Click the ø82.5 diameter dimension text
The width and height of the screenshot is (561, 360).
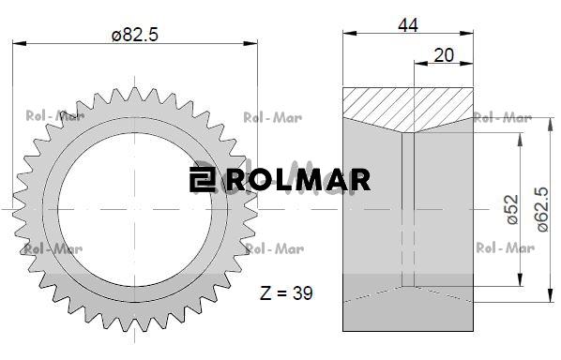pos(134,35)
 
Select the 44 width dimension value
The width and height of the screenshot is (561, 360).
pos(408,25)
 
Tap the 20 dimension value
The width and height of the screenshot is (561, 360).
pos(444,55)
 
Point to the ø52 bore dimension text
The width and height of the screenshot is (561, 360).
pos(512,209)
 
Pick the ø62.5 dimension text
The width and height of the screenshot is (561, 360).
pos(542,209)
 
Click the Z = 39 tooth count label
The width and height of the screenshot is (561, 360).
pos(286,293)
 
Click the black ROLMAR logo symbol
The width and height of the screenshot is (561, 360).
pos(202,179)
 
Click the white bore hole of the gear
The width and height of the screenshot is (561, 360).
pos(134,209)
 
